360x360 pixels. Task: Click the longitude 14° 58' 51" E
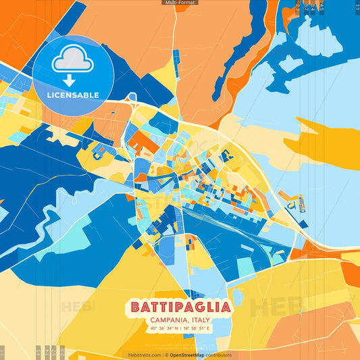[197, 329]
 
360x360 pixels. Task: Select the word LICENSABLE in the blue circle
[73, 95]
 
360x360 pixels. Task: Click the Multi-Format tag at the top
[180, 3]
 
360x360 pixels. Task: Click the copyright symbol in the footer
[164, 355]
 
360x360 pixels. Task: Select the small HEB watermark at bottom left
[78, 306]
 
